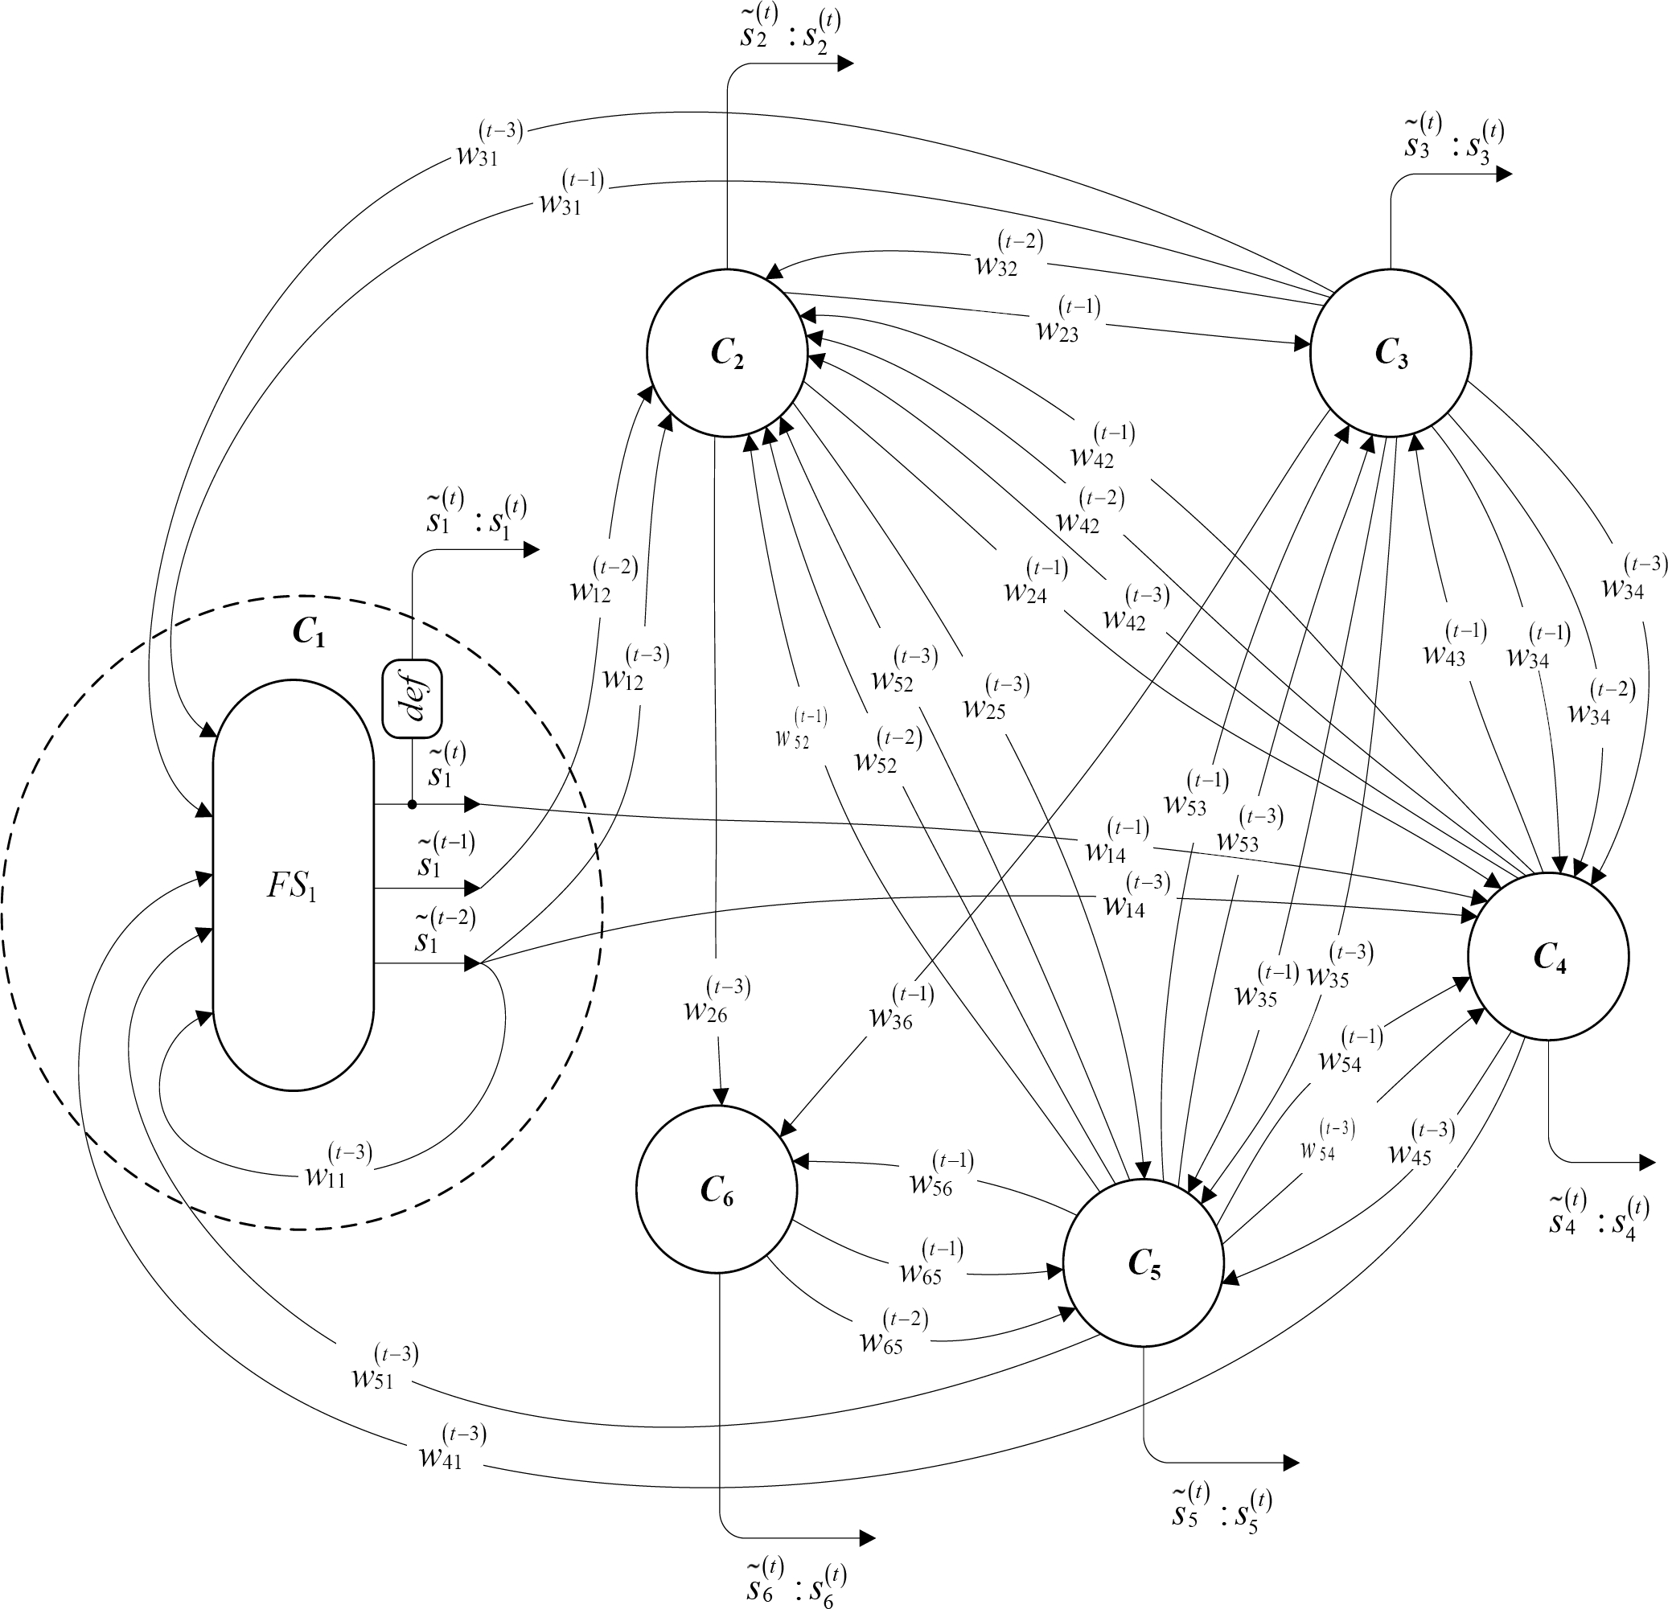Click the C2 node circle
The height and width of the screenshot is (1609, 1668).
pos(727,352)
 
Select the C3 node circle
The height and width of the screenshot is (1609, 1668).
pos(1391,352)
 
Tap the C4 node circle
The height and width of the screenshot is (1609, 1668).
pos(1548,956)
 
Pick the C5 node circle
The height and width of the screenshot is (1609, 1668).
pos(1143,1263)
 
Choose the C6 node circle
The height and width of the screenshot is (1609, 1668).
pos(717,1188)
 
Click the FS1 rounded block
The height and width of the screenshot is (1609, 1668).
pos(293,885)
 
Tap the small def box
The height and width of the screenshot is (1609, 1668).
pos(413,699)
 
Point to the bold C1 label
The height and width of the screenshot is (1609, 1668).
pos(308,632)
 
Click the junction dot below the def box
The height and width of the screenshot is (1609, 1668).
pos(412,804)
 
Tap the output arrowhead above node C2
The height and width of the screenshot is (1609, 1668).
pos(845,63)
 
